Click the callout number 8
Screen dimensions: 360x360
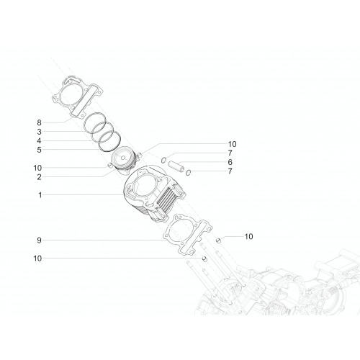click(39, 122)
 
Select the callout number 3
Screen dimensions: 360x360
click(39, 132)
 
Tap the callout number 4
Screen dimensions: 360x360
click(39, 140)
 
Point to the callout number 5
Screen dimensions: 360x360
click(39, 150)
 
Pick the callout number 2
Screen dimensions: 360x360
click(39, 177)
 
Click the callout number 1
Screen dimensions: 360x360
click(40, 195)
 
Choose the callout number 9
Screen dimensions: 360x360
click(39, 240)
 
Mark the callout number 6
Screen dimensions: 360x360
click(230, 162)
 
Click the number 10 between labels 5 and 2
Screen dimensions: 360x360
click(37, 168)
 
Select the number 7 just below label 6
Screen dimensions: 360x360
click(230, 171)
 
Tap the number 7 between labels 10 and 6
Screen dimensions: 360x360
click(230, 153)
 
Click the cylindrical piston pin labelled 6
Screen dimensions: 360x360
click(176, 166)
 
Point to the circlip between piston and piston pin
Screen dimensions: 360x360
click(163, 160)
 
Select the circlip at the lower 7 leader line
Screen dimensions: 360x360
click(189, 172)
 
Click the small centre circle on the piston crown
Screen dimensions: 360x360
click(122, 158)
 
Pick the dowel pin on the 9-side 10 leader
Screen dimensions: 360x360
click(204, 258)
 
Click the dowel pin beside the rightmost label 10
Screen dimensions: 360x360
click(218, 240)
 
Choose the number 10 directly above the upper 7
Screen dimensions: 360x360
click(232, 144)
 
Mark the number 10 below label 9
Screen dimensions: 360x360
click(37, 258)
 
